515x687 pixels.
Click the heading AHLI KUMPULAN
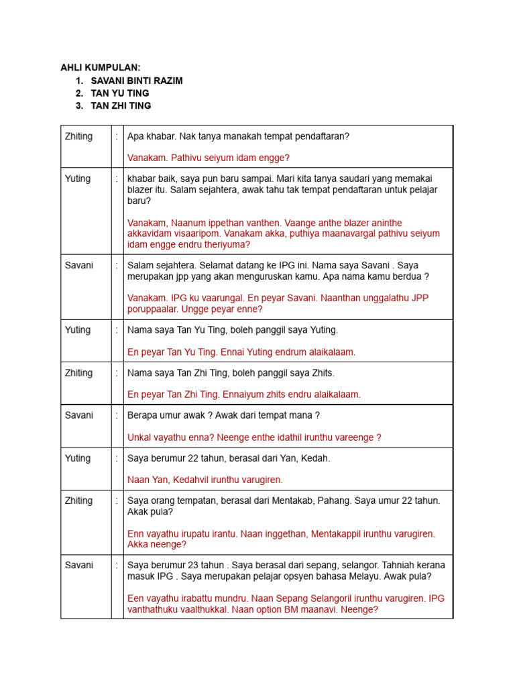(x=101, y=68)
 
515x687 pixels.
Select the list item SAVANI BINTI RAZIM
(x=136, y=81)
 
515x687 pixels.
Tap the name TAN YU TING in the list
(x=120, y=93)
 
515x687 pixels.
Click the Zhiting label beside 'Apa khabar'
(x=78, y=136)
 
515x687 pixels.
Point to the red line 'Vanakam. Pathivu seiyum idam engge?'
(x=208, y=158)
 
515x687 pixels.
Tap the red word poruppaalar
(x=151, y=309)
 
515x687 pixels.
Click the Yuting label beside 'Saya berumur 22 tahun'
(x=78, y=458)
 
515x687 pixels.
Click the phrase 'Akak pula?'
(x=150, y=512)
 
